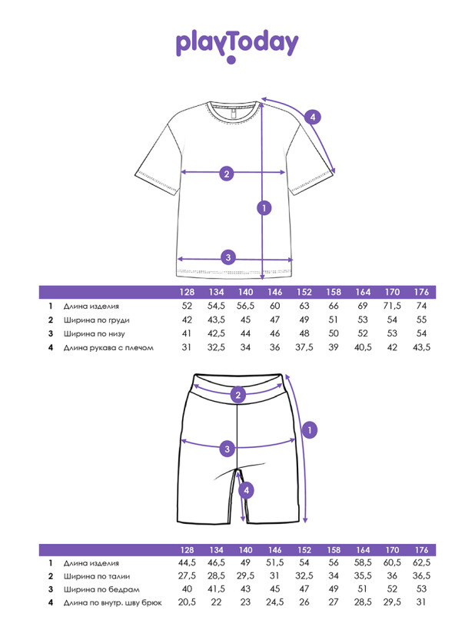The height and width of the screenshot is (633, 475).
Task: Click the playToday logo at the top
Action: pyautogui.click(x=237, y=46)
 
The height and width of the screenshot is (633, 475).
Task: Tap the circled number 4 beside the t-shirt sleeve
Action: pyautogui.click(x=313, y=118)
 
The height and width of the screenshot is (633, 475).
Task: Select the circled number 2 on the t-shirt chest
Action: pyautogui.click(x=227, y=174)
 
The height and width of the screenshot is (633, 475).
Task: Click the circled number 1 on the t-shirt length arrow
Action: pyautogui.click(x=264, y=208)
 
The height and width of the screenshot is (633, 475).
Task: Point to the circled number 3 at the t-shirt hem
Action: pyautogui.click(x=228, y=257)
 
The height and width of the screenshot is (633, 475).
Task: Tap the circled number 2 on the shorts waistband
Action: pyautogui.click(x=238, y=395)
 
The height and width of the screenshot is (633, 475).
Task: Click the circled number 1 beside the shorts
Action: pyautogui.click(x=310, y=430)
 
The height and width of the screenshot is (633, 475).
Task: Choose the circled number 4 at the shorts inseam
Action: pyautogui.click(x=247, y=492)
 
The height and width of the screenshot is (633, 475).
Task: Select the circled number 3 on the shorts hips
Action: pyautogui.click(x=228, y=449)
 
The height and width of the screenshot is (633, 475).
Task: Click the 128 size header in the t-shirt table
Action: pyautogui.click(x=187, y=292)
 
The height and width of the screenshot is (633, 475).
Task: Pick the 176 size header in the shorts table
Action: pyautogui.click(x=421, y=550)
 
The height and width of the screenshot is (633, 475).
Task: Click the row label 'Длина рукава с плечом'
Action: pyautogui.click(x=108, y=347)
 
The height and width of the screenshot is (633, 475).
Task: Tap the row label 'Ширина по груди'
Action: pyautogui.click(x=97, y=320)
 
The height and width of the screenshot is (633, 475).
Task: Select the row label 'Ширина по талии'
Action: pyautogui.click(x=97, y=576)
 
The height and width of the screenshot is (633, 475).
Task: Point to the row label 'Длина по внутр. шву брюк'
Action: pyautogui.click(x=113, y=603)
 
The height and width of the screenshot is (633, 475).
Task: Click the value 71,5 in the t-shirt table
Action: pyautogui.click(x=392, y=306)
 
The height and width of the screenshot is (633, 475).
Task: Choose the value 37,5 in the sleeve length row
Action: pyautogui.click(x=304, y=347)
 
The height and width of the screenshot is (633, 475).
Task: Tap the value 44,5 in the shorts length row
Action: pyautogui.click(x=187, y=563)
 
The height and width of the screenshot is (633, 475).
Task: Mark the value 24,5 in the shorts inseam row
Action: pyautogui.click(x=274, y=602)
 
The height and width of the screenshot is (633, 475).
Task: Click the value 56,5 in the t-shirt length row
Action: pyautogui.click(x=246, y=306)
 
